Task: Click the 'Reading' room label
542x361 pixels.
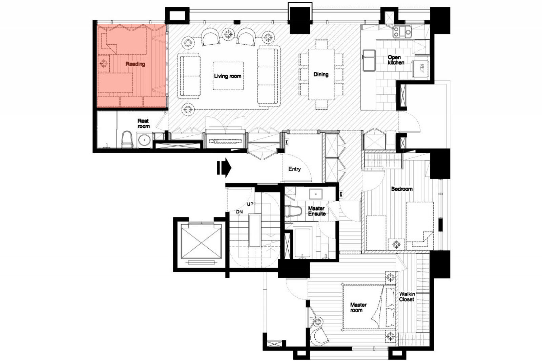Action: (135, 64)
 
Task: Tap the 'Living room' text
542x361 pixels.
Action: (228, 76)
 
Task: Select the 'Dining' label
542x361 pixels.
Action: (321, 74)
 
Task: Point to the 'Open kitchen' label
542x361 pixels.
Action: (396, 60)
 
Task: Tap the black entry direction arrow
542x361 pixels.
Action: (224, 168)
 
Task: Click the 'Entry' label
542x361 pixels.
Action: (294, 169)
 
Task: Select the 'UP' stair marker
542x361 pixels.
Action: (250, 204)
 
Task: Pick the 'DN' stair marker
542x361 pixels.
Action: (239, 212)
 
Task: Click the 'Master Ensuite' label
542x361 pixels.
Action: (317, 211)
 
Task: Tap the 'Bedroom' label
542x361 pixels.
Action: (402, 189)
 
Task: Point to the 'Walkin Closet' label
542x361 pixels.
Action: (407, 297)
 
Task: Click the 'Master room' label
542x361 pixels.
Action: (358, 307)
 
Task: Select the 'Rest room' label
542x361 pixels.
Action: (144, 123)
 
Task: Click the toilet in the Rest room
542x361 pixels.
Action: (127, 139)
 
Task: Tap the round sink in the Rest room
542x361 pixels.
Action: (144, 140)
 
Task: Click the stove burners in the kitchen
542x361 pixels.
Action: (402, 32)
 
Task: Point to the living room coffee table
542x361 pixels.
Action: (228, 76)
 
